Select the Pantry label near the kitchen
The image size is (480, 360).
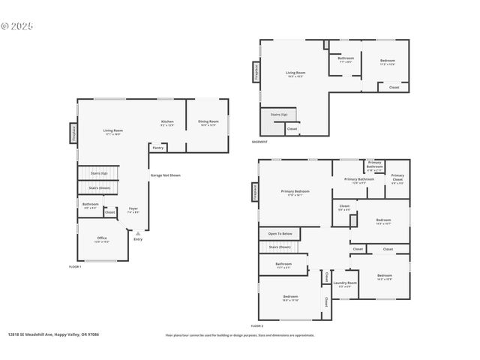(x=157, y=148)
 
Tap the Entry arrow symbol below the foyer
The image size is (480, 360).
(x=138, y=232)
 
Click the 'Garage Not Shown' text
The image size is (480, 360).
(x=165, y=175)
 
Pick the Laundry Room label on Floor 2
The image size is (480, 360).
(x=345, y=284)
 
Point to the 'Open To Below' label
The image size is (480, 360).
(x=280, y=234)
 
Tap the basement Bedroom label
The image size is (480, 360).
(x=387, y=61)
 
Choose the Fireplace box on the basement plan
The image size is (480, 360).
(x=256, y=72)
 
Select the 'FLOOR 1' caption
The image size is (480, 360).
(x=75, y=267)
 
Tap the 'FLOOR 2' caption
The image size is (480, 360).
(x=257, y=326)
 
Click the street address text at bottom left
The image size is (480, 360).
(x=53, y=335)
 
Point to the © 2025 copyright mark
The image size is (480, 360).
(x=17, y=25)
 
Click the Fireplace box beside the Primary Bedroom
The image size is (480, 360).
(x=255, y=193)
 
